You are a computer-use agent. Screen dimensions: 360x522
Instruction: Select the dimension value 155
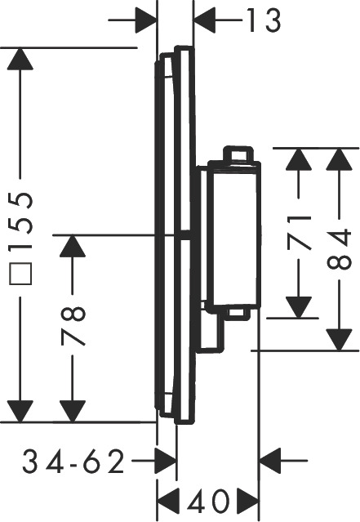coord(20,221)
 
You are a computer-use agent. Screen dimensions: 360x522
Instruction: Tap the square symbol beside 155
coord(20,274)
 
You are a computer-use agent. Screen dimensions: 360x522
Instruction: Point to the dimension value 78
coord(73,326)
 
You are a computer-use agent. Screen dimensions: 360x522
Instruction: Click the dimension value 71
coord(299,233)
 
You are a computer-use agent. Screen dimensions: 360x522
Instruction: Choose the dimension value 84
coord(339,248)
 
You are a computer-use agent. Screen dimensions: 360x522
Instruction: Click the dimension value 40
coord(208,501)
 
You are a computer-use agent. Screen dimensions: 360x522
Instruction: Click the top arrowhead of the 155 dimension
coord(20,59)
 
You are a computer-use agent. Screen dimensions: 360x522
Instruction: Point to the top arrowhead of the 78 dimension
coord(73,246)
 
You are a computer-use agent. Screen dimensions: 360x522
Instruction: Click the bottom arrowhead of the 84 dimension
coord(339,340)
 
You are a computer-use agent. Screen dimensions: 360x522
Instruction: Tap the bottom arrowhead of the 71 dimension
coord(299,307)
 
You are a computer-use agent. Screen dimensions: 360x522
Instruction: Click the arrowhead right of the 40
coord(248,500)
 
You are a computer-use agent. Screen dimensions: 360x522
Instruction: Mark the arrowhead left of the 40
coord(168,500)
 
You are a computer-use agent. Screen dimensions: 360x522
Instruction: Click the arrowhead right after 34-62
coord(166,461)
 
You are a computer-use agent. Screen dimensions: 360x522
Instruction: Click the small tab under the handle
coord(237,314)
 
